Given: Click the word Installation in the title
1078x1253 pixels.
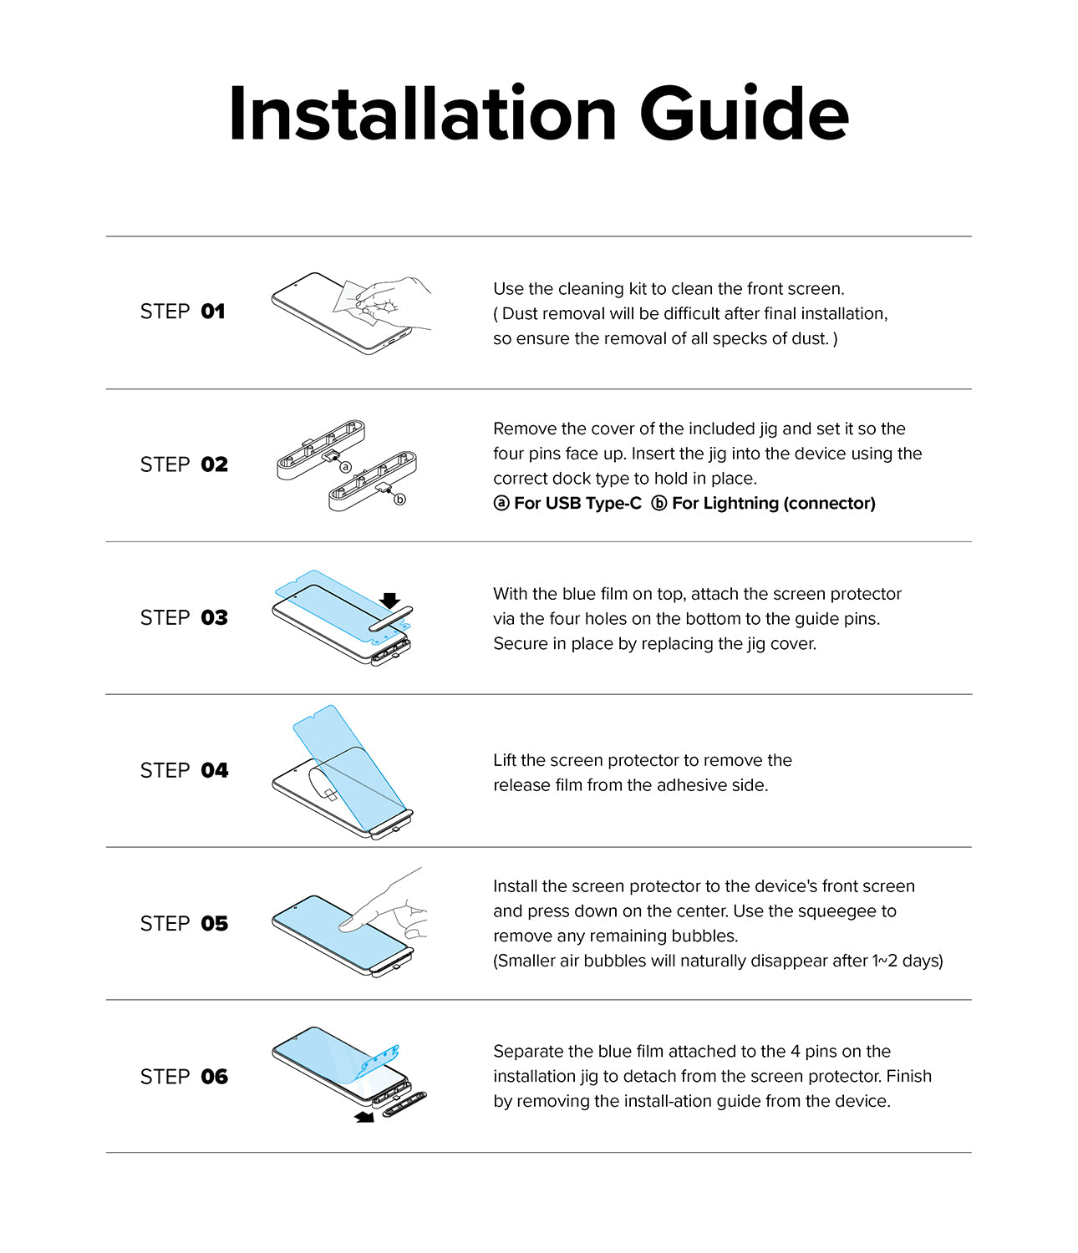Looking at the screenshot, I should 422,114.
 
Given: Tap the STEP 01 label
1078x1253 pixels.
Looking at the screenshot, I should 183,312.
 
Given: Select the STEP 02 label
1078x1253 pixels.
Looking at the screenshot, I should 184,464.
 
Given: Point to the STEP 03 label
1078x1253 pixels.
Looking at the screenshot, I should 184,617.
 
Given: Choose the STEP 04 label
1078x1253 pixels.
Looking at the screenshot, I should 184,770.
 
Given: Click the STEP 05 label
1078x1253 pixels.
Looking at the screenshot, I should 184,923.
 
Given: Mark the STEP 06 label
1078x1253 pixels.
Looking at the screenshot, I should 184,1077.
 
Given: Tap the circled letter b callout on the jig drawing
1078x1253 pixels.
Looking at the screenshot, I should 399,500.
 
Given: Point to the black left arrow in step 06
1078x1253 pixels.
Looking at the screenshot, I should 364,1117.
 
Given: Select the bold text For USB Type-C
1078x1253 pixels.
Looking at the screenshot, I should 577,504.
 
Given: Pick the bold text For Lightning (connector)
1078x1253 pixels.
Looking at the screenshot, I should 773,504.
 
